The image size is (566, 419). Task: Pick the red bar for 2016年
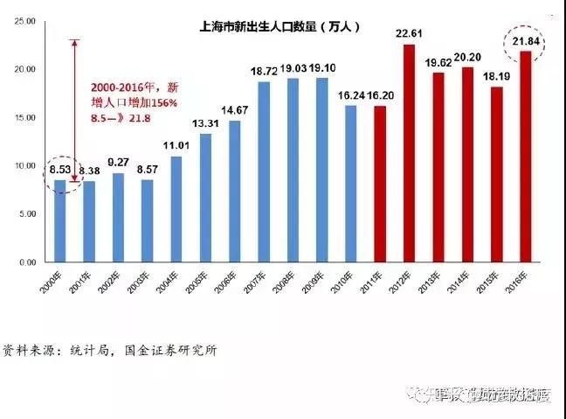pos(526,157)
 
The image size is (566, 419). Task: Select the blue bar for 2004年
pos(176,209)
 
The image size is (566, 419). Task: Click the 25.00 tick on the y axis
pos(24,21)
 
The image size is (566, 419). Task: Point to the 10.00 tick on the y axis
pos(24,165)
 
